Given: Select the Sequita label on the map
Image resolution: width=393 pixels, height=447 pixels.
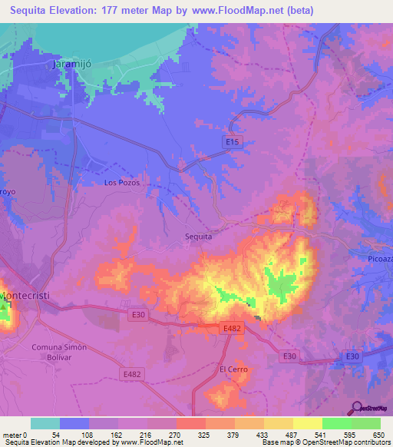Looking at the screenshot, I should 198,237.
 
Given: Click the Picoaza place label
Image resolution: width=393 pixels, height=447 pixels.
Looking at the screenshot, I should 375,258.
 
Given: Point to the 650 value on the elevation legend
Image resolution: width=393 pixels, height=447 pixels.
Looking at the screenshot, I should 376,434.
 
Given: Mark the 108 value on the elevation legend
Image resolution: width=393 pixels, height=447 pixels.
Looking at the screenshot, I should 89,434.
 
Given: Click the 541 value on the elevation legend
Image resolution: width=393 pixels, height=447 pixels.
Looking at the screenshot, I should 321,434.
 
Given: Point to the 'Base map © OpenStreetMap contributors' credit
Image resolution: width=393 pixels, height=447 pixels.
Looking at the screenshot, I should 325,442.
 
